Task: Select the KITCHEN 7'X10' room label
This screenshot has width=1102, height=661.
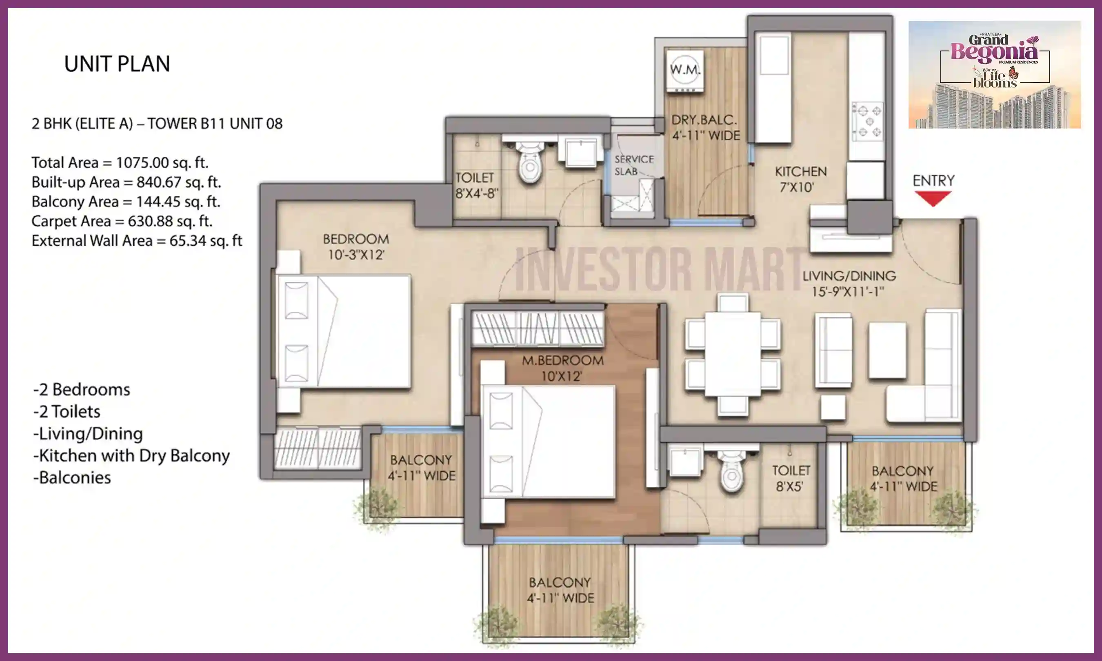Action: (x=800, y=179)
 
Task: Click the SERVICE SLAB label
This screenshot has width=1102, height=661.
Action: (x=634, y=165)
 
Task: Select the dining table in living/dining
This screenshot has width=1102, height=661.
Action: (x=733, y=354)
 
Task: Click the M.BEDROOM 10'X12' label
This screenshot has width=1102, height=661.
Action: (x=562, y=368)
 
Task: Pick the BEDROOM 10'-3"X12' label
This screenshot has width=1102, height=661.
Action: (x=355, y=247)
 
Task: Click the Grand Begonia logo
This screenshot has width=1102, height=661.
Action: (x=995, y=74)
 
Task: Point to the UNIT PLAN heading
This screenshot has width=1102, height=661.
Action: (x=117, y=64)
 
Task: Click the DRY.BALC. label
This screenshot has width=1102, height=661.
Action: (x=704, y=120)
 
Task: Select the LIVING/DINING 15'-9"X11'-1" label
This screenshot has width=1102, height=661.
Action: (x=849, y=283)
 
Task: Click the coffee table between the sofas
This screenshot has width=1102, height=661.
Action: (x=887, y=350)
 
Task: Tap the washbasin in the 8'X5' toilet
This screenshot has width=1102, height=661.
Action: (x=687, y=462)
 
